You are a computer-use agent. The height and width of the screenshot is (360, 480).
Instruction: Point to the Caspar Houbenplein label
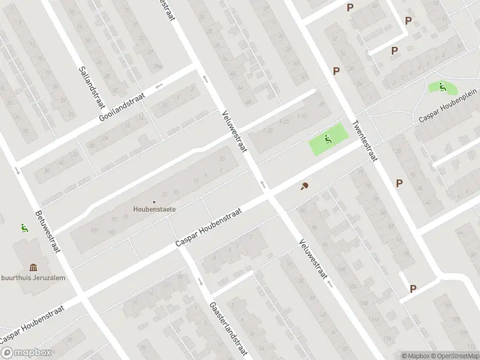[447, 109]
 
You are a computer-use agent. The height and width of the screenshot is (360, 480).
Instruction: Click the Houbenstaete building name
[154, 209]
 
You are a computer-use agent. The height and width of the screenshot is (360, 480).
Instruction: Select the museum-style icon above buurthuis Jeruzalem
[32, 267]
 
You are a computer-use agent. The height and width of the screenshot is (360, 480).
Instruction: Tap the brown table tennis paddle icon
[305, 186]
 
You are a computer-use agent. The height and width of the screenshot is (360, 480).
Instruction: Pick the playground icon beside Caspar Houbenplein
[442, 87]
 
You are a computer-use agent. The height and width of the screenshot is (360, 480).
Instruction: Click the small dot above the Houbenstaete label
[154, 202]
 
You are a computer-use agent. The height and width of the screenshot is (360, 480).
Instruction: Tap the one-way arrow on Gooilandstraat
[159, 86]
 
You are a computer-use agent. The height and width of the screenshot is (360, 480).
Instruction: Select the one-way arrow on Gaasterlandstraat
[200, 282]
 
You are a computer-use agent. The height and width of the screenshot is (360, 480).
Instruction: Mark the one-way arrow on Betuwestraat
[17, 171]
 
